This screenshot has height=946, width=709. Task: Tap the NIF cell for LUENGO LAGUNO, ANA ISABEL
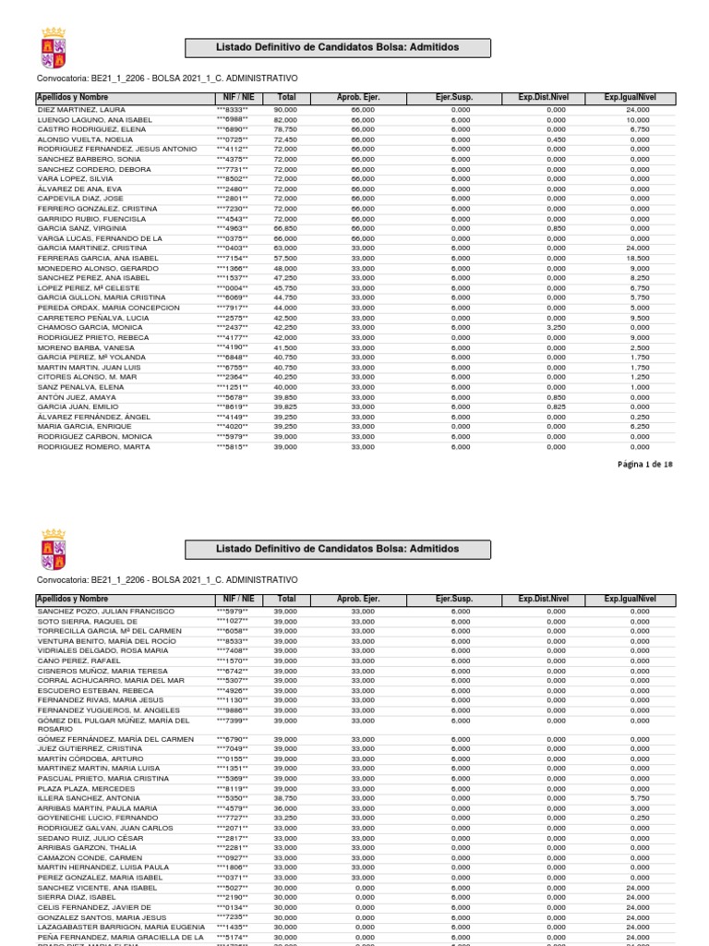click(x=232, y=119)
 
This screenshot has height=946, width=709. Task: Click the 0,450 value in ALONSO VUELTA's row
click(x=555, y=139)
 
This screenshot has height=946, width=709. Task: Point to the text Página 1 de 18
click(x=645, y=465)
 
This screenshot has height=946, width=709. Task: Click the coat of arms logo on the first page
click(x=54, y=48)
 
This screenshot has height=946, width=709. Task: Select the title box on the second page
click(x=337, y=549)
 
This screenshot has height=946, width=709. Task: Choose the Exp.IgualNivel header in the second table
click(x=630, y=599)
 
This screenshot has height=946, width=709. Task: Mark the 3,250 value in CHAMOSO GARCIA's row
click(x=555, y=327)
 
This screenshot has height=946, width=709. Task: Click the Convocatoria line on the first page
click(x=166, y=78)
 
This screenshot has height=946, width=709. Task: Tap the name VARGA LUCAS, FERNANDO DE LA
click(x=100, y=238)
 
